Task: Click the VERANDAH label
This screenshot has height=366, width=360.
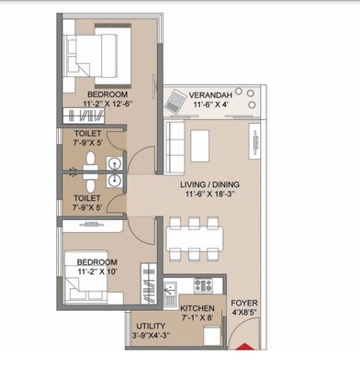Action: point(216,94)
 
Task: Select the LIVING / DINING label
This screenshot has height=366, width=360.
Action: point(214,184)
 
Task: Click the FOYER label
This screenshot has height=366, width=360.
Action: point(244,302)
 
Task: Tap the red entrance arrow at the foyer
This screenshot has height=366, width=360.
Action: point(245,346)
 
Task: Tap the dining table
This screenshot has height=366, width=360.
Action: point(195,235)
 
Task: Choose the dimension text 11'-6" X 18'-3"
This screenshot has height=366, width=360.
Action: point(214,196)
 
